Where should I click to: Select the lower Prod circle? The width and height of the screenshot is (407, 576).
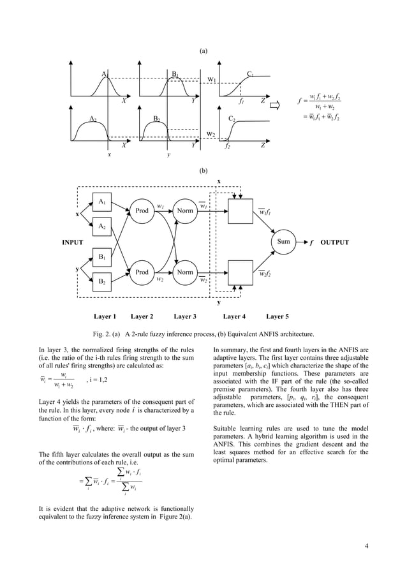(142, 272)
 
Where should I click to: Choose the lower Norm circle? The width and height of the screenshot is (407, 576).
(185, 272)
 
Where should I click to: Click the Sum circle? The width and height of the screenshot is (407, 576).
(284, 242)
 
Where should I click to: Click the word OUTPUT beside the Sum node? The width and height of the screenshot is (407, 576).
(334, 242)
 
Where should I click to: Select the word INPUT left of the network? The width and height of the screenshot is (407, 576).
(73, 242)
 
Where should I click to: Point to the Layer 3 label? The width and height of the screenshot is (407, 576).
(185, 316)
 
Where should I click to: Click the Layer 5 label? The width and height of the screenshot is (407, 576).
(277, 316)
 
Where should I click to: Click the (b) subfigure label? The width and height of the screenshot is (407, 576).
(204, 171)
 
